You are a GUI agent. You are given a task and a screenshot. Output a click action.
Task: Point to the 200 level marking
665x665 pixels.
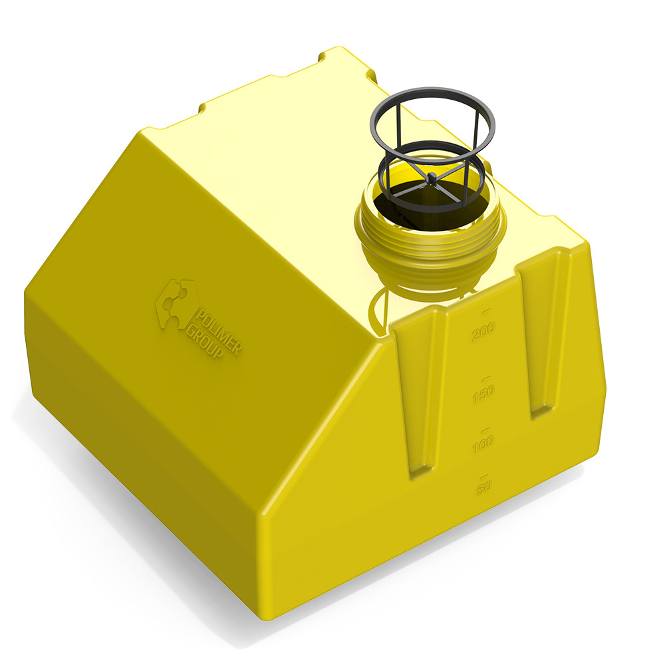click(x=483, y=331)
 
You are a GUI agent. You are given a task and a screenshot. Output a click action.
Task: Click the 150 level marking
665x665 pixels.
click(x=483, y=394)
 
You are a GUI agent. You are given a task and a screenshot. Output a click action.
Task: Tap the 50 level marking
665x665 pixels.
click(x=484, y=487)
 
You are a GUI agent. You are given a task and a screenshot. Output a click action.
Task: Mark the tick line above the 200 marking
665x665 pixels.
click(x=486, y=312)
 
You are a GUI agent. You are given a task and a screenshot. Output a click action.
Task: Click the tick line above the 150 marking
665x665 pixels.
click(x=486, y=378)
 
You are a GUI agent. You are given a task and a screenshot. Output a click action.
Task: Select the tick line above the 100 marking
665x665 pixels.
click(x=486, y=430)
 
